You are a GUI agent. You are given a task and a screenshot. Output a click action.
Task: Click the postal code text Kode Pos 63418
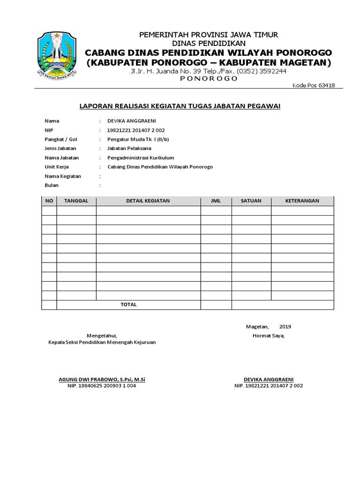[x=317, y=85]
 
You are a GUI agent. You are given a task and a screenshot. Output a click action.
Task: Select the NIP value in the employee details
[x=136, y=130]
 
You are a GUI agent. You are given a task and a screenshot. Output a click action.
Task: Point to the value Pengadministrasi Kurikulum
[x=141, y=157]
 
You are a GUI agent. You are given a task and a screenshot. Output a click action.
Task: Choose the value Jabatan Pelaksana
[x=129, y=148]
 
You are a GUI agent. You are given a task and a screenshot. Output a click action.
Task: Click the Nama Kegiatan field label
[x=63, y=176]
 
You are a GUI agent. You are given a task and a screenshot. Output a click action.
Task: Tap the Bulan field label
[x=52, y=185]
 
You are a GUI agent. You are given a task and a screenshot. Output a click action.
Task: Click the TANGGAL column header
[x=76, y=201]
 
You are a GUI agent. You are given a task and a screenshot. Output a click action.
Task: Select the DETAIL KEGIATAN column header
[x=148, y=201]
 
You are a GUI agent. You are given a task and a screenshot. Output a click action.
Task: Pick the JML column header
[x=216, y=201]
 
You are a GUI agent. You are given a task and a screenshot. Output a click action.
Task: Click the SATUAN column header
[x=251, y=201]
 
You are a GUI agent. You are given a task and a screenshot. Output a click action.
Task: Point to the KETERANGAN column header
[x=302, y=201]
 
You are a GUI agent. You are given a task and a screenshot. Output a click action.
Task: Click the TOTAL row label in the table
[x=128, y=304]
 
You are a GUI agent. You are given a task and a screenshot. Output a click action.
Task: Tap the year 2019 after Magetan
[x=285, y=326]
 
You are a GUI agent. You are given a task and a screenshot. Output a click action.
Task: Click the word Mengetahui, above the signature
[x=102, y=336]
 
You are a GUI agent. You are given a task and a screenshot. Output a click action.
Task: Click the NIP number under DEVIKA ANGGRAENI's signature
[x=269, y=386]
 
